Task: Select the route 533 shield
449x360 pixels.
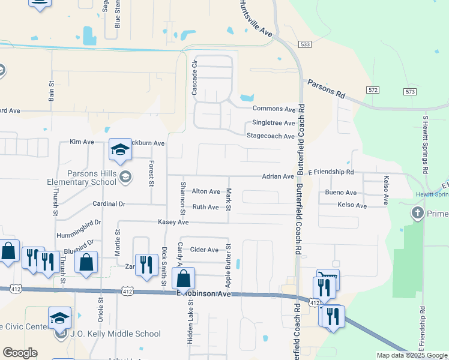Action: (306, 44)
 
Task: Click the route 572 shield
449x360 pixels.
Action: (373, 89)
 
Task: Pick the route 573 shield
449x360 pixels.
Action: (410, 91)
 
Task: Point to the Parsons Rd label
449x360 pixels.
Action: (327, 88)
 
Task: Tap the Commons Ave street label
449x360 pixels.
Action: (274, 109)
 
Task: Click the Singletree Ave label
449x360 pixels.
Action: (273, 123)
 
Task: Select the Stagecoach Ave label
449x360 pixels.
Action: (271, 136)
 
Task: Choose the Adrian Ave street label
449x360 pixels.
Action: (277, 176)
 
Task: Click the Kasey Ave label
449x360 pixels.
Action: (173, 223)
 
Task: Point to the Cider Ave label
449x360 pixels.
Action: (204, 250)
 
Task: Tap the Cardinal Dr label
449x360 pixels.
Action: (109, 204)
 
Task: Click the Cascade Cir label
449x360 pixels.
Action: (194, 77)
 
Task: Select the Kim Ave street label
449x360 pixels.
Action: (82, 142)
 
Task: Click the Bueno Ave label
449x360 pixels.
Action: (340, 193)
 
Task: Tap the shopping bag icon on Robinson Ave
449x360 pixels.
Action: (183, 278)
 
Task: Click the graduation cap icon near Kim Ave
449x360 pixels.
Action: (120, 151)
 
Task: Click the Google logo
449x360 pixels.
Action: (20, 353)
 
